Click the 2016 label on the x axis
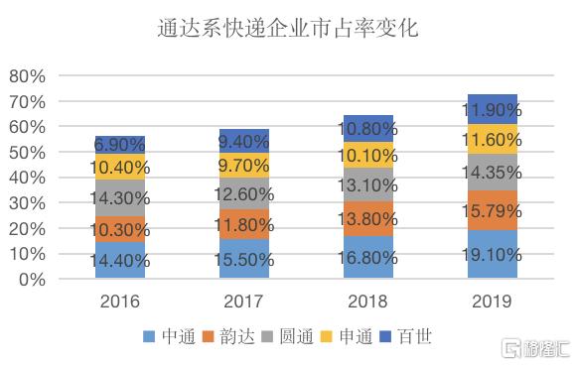point(120,302)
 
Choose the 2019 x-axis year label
point(493,302)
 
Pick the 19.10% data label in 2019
point(493,255)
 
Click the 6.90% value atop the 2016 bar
point(120,145)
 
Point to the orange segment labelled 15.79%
point(493,211)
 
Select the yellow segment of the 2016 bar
point(120,167)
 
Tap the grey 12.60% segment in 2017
point(244,193)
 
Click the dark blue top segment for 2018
point(368,129)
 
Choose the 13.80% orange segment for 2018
point(368,218)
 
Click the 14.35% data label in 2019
point(493,172)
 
